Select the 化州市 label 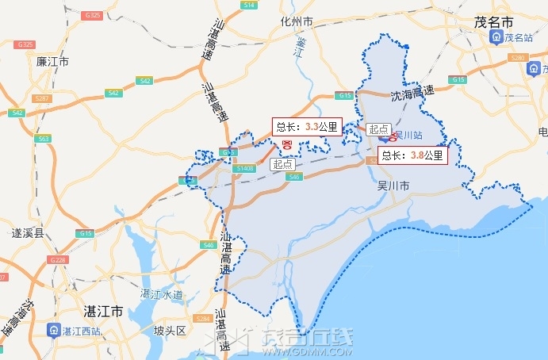(297, 21)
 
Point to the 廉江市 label (53, 61)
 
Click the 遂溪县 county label (28, 234)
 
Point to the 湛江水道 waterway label (162, 294)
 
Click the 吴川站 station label (408, 135)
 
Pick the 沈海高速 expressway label (413, 94)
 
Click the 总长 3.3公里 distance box (307, 126)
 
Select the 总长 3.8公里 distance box (413, 155)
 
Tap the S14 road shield (250, 5)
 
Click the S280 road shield (519, 59)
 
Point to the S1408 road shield (245, 168)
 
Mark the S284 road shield (201, 319)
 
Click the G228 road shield (58, 260)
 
